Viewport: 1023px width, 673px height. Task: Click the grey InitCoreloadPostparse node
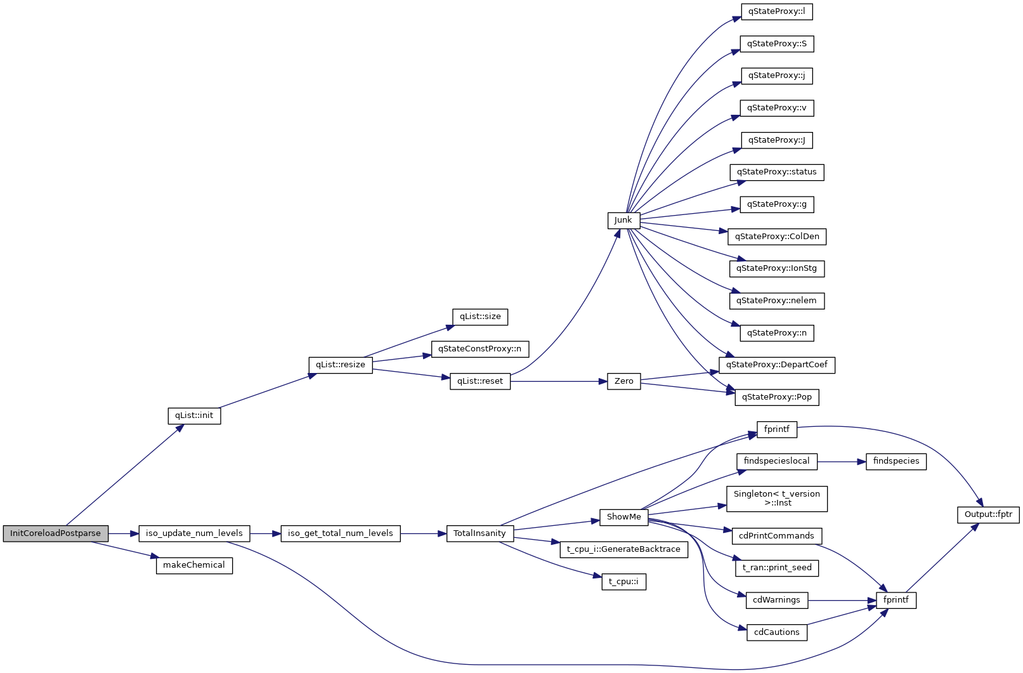[55, 533]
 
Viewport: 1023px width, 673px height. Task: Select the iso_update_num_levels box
[194, 533]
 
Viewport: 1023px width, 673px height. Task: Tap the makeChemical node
[194, 565]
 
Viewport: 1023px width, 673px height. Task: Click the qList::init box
[194, 415]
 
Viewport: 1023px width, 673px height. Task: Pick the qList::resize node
[341, 365]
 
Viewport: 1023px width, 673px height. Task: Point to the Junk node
[623, 220]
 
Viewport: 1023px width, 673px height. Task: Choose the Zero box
[623, 381]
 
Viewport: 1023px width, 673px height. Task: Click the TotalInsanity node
[479, 533]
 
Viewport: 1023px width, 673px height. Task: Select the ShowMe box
[623, 517]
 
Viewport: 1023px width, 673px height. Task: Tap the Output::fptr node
[988, 514]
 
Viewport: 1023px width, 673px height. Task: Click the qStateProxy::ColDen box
[777, 237]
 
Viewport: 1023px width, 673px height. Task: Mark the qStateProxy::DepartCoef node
[776, 365]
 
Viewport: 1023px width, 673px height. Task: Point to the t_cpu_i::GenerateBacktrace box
[623, 549]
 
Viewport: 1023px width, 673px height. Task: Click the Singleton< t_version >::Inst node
[776, 499]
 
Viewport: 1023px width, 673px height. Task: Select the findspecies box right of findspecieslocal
[896, 461]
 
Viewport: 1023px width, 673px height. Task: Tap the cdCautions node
[776, 632]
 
